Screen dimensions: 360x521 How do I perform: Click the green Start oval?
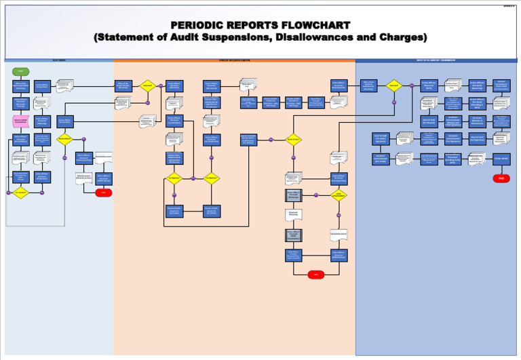(21, 71)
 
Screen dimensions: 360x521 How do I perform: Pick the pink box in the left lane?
(21, 121)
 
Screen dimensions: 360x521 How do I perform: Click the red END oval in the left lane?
(104, 193)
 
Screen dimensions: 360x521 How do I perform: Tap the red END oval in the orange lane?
(315, 275)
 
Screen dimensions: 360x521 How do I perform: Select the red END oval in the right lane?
(501, 178)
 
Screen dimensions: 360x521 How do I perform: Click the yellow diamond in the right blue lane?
(393, 85)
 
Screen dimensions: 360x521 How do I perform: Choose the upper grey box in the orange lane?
(294, 196)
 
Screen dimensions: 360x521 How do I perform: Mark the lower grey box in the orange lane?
(294, 235)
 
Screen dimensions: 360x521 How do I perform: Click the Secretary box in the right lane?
(477, 121)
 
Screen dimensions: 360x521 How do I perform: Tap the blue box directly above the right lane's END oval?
(501, 158)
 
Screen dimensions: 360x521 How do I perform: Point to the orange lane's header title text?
(234, 60)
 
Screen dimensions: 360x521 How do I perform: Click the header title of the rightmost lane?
(436, 60)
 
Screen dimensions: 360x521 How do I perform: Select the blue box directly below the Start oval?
(21, 86)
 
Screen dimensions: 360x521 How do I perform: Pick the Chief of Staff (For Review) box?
(429, 121)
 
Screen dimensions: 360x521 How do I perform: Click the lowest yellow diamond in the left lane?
(21, 193)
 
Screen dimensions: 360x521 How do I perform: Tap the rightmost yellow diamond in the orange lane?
(293, 140)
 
